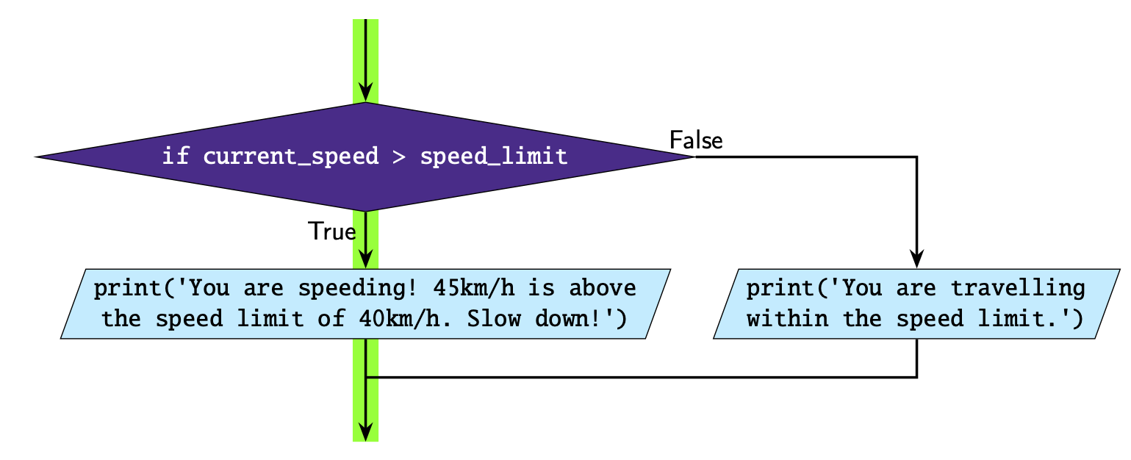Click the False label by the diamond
click(x=696, y=140)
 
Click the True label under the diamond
click(x=332, y=231)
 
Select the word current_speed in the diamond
click(x=291, y=157)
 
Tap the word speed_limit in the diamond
click(x=494, y=157)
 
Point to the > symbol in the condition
click(x=399, y=157)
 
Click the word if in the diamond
click(x=175, y=157)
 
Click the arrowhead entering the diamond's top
click(x=365, y=93)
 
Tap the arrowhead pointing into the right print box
click(x=916, y=259)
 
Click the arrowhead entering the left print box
click(x=365, y=259)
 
